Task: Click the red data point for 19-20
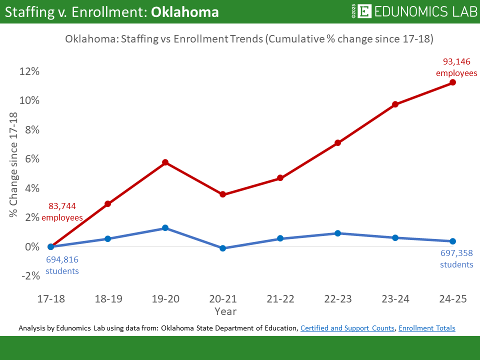click(165, 162)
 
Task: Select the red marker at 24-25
click(453, 82)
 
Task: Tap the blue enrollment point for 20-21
click(222, 248)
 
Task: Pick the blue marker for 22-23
click(337, 233)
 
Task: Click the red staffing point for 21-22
click(280, 178)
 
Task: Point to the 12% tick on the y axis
click(29, 71)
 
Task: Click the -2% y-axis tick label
click(29, 276)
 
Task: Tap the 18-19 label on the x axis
click(107, 299)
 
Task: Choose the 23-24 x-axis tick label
click(395, 299)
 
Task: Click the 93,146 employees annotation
click(456, 67)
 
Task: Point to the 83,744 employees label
click(62, 211)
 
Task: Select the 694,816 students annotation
click(62, 265)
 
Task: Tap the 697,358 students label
click(456, 258)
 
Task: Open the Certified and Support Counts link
click(347, 328)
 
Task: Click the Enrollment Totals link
click(427, 328)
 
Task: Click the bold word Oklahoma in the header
click(185, 12)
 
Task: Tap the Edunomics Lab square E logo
click(365, 11)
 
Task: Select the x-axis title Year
click(225, 311)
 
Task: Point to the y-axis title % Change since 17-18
click(13, 165)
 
